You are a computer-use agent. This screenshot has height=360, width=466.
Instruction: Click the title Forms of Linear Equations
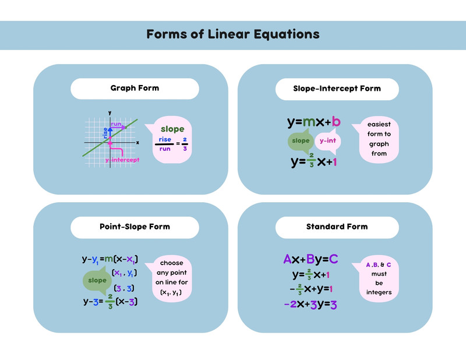tap(232, 34)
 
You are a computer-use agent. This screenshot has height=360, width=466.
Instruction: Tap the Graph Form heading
tap(135, 88)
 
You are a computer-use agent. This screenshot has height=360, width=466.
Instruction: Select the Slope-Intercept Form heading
tap(337, 89)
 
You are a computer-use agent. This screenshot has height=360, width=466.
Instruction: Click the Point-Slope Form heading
tap(135, 227)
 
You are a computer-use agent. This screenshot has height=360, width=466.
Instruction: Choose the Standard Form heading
tap(337, 227)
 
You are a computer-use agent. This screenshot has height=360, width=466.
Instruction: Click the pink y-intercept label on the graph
tap(122, 160)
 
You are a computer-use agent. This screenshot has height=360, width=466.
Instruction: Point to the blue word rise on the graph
tap(105, 133)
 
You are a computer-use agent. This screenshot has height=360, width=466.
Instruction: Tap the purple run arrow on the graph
tap(118, 128)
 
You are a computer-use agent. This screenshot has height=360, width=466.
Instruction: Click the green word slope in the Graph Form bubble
tap(172, 129)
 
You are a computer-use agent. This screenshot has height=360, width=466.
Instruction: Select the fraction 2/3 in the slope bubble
tap(185, 144)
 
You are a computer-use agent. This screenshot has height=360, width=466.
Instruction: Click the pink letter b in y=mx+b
tap(336, 122)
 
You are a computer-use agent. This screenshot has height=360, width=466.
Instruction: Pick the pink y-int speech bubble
tap(328, 141)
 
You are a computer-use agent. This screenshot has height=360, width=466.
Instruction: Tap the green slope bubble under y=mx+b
tap(301, 140)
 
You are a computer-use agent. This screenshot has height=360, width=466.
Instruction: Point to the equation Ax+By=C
tap(310, 259)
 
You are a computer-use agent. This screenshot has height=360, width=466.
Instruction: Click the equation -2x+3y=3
tap(310, 305)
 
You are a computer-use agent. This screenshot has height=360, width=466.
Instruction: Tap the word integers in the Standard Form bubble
tap(379, 292)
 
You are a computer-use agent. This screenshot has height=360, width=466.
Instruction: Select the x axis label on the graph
tap(137, 143)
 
